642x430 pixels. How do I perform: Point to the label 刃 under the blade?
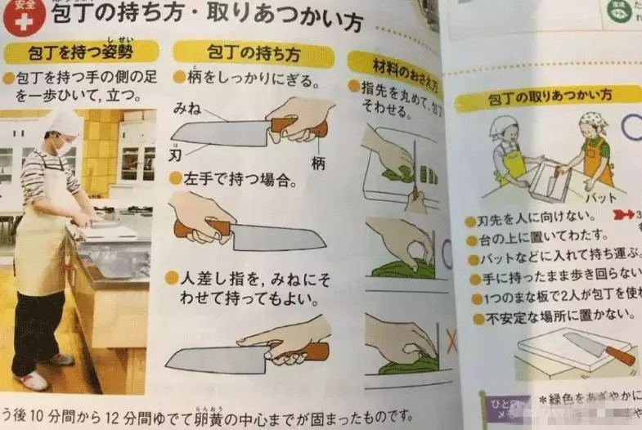tap(175, 152)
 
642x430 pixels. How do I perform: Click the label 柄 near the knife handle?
tap(318, 163)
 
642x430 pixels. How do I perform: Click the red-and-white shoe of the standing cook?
tap(33, 380)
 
